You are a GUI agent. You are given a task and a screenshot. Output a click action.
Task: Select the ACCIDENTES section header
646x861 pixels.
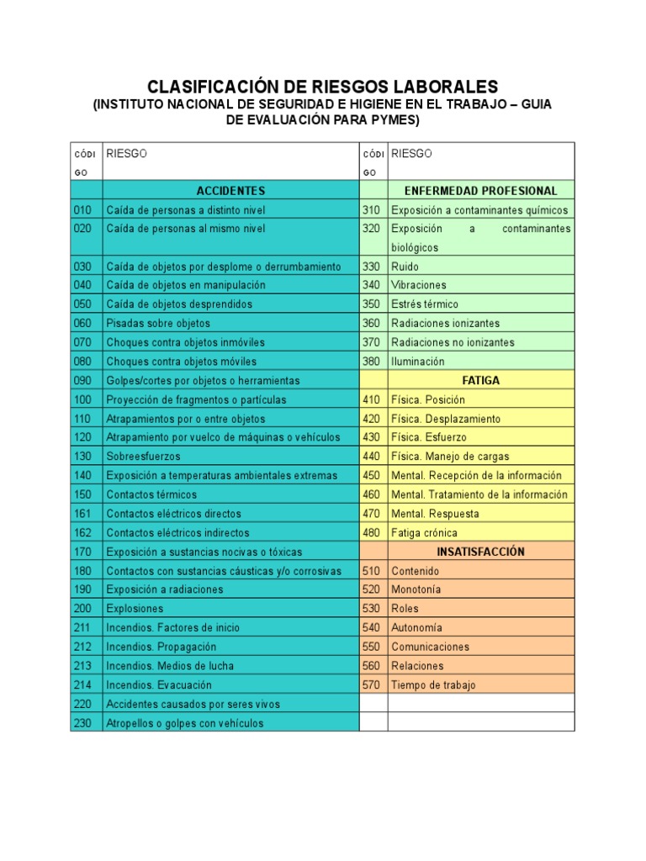pos(230,191)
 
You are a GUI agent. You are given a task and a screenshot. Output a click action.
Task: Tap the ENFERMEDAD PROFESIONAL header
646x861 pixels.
pos(480,191)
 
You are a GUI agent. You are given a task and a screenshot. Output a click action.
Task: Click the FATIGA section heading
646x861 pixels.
pos(480,380)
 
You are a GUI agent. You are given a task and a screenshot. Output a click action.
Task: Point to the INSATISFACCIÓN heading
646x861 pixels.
pos(480,552)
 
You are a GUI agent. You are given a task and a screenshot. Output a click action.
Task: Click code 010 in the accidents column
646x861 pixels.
pos(83,210)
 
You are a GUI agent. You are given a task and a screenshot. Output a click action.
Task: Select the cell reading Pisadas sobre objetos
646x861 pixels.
pos(158,323)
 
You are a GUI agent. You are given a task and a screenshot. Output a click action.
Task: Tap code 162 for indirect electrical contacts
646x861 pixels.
pos(83,532)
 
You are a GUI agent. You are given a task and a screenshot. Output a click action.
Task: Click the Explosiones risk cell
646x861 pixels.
pos(135,608)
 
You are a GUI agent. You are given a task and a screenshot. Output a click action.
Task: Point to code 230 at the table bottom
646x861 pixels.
pos(83,723)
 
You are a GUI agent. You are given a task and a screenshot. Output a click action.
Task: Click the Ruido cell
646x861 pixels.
pos(405,267)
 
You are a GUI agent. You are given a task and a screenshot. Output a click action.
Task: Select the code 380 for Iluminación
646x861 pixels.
pos(372,362)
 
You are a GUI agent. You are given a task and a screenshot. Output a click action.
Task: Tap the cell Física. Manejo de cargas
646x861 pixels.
pos(450,457)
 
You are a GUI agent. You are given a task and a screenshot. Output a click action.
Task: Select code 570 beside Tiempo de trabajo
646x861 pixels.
pos(372,684)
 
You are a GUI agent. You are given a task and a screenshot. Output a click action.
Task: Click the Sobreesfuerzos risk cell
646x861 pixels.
pos(143,457)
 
